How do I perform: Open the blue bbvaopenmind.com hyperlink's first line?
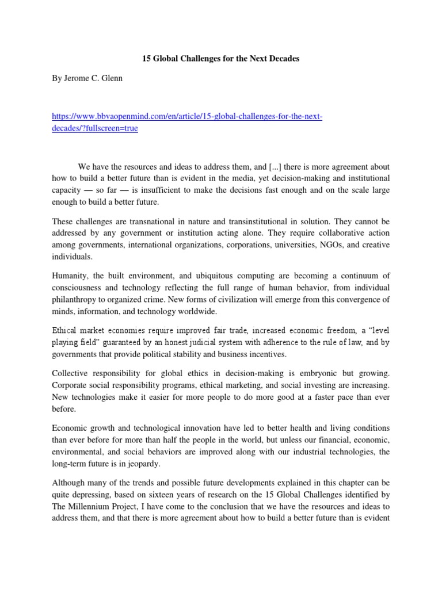click(187, 117)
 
